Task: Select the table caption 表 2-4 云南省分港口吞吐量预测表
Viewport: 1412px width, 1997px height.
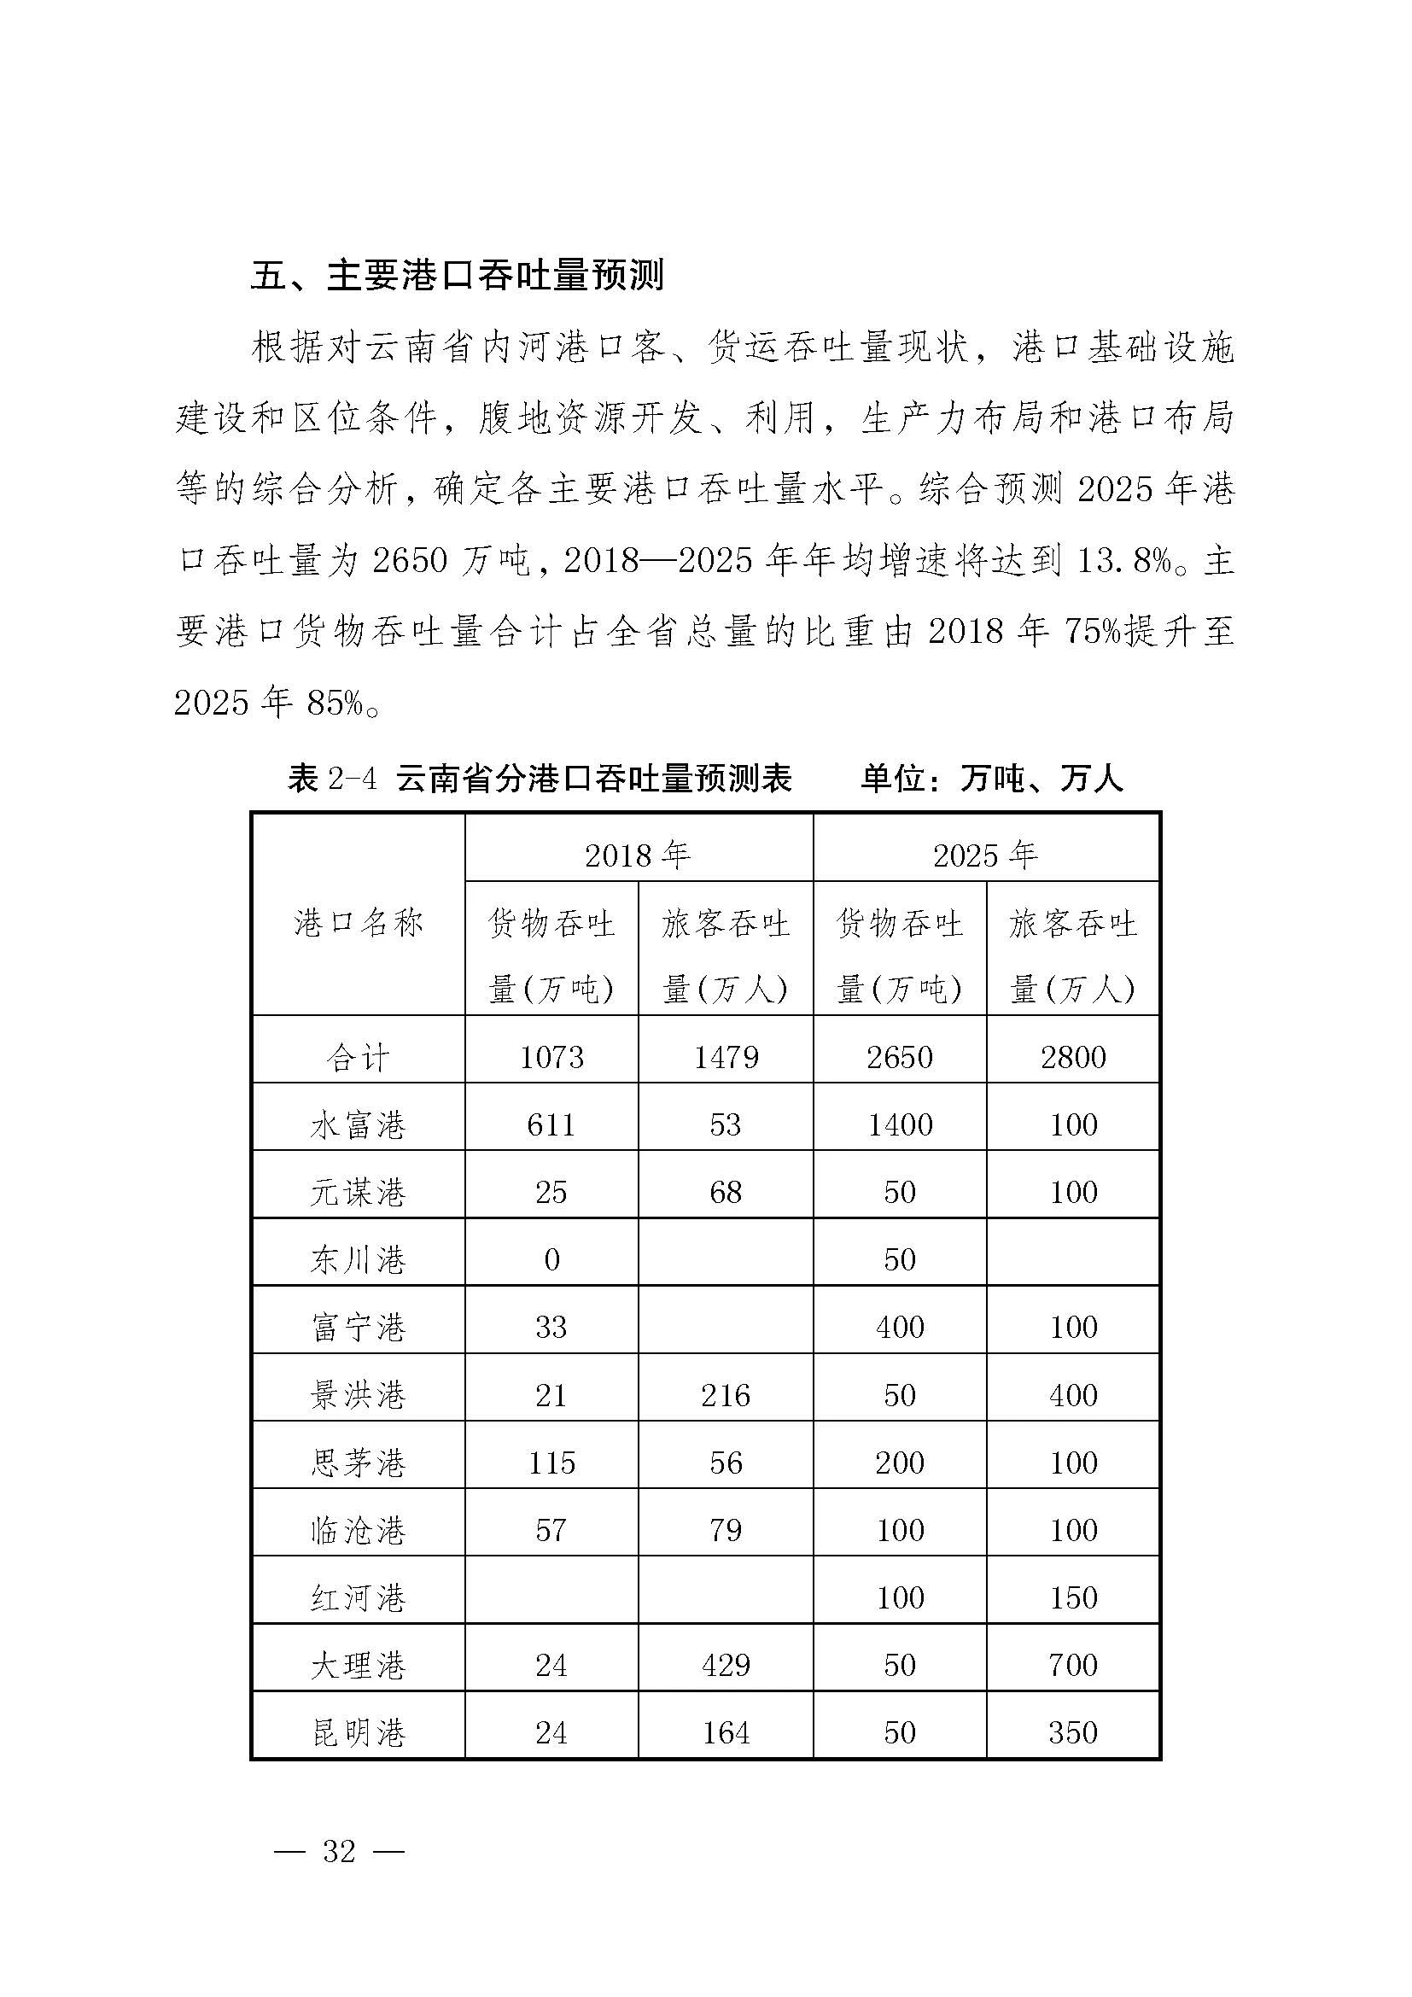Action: click(x=539, y=779)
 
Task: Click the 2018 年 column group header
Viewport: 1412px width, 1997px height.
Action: click(x=638, y=855)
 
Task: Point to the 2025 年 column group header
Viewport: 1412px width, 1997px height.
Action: click(x=985, y=855)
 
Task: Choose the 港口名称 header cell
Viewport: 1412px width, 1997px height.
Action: click(x=358, y=922)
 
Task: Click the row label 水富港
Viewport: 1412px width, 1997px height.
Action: click(x=358, y=1125)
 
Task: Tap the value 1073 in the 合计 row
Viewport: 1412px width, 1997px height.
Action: click(x=551, y=1058)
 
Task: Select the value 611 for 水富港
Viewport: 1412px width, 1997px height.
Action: click(x=551, y=1125)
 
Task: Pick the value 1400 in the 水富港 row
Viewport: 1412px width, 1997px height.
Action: click(x=900, y=1125)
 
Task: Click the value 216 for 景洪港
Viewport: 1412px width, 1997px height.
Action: click(x=725, y=1396)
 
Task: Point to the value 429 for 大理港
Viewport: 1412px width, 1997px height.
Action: click(x=725, y=1666)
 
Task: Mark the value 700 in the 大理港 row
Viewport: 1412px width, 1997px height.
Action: click(x=1073, y=1666)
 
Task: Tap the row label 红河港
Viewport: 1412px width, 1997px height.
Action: click(x=358, y=1598)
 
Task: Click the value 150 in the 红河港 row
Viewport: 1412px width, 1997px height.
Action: click(x=1073, y=1597)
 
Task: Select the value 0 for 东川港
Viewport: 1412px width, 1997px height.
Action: click(x=551, y=1260)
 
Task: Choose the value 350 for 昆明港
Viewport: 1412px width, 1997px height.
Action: click(x=1073, y=1733)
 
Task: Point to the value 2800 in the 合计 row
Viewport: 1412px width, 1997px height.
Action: click(x=1073, y=1058)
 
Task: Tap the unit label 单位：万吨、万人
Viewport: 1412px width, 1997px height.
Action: click(x=992, y=779)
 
